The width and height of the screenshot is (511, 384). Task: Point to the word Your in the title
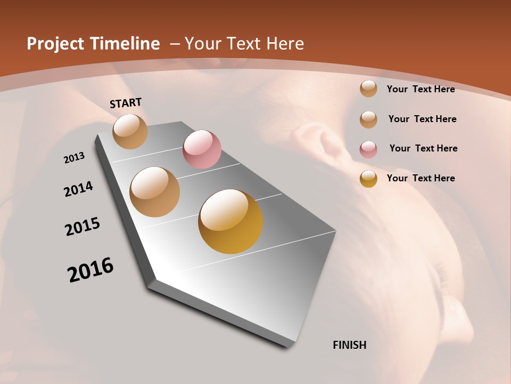click(202, 44)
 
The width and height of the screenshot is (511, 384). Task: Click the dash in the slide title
click(174, 44)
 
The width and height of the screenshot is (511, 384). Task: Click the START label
click(126, 103)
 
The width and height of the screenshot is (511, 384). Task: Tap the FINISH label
click(349, 345)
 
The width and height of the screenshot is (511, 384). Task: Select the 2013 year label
click(74, 158)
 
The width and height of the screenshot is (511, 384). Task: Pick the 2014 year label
click(78, 189)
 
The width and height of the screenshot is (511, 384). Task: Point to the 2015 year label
click(83, 227)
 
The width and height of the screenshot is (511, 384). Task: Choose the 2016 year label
click(90, 270)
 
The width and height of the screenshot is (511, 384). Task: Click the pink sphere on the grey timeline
click(202, 149)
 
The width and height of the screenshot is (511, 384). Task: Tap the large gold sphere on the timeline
click(230, 221)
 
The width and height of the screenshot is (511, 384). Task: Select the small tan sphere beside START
click(130, 131)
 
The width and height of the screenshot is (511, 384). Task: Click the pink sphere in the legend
click(368, 149)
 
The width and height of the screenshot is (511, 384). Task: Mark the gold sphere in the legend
click(368, 179)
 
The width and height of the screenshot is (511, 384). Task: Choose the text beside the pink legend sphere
click(423, 148)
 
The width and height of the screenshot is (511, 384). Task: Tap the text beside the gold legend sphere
click(421, 178)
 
